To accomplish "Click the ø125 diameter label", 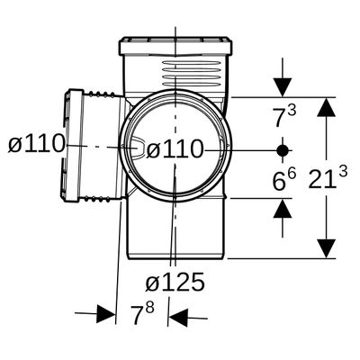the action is (175, 282).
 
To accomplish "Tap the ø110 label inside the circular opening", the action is (175, 149).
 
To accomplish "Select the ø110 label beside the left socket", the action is (37, 143).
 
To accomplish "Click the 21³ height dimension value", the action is (328, 179).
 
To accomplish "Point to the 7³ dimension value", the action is (283, 116).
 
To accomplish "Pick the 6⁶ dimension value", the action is (283, 179).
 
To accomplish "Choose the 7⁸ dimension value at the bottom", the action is (143, 314).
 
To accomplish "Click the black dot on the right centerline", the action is (283, 150).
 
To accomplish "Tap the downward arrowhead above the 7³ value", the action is (283, 87).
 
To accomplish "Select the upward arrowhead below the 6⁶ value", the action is (283, 208).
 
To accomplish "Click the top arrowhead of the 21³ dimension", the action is (326, 106).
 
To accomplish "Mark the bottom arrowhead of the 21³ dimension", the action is (326, 248).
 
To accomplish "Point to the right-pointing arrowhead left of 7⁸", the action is (105, 314).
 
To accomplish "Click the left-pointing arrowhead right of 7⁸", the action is (178, 318).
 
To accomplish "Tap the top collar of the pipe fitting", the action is (175, 46).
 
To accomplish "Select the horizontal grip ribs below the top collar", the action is (191, 73).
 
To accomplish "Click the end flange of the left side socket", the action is (73, 146).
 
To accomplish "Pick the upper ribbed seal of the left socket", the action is (102, 94).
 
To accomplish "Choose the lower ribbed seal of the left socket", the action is (97, 199).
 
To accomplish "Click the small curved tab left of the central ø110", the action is (139, 148).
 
